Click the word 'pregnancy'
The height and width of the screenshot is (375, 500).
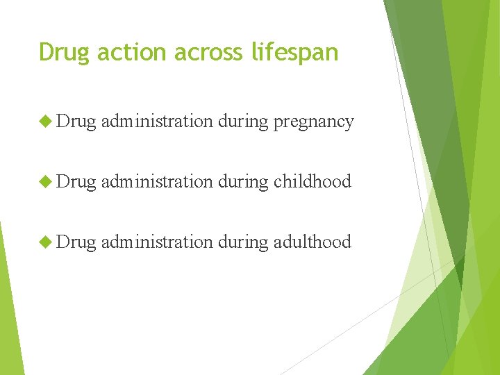313,122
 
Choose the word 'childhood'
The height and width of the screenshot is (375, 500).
312,182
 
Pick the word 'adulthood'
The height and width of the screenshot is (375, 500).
312,242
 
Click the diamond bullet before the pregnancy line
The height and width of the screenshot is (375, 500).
46,122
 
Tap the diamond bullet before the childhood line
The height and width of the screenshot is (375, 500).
46,181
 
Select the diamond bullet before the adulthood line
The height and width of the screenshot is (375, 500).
46,242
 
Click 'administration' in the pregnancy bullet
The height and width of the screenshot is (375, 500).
156,122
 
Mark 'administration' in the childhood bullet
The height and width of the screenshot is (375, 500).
156,181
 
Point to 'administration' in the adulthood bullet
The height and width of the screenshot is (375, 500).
156,242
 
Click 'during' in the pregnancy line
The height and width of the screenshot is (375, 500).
242,122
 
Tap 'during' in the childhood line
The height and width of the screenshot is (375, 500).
242,182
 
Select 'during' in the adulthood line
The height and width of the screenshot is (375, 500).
242,242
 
